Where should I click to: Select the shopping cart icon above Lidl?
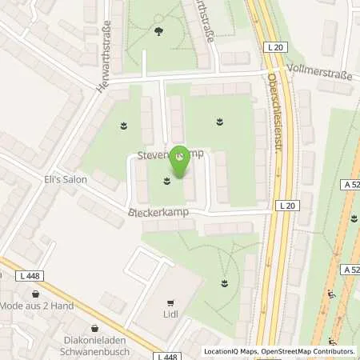pyautogui.click(x=170, y=303)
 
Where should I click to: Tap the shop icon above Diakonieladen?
pyautogui.click(x=95, y=326)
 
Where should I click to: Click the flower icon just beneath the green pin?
pyautogui.click(x=167, y=181)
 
